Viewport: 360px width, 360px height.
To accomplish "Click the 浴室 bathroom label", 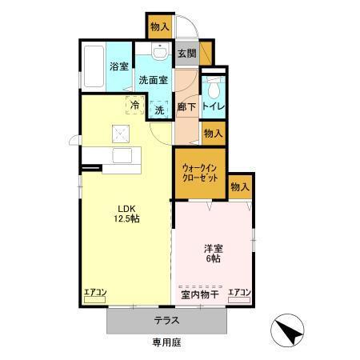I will tap(119, 66).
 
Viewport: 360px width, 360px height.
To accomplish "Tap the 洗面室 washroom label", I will tap(152, 80).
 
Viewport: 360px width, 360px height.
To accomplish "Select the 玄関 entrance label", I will tap(186, 54).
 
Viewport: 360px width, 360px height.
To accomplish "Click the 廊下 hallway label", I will tap(186, 106).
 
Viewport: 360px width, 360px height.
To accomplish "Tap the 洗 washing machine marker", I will tap(158, 110).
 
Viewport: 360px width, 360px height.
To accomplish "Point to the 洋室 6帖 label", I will tap(212, 254).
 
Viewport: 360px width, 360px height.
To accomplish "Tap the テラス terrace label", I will tap(166, 321).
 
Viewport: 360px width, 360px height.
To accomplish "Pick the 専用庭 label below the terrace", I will tap(167, 342).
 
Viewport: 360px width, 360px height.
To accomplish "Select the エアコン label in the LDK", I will tap(96, 292).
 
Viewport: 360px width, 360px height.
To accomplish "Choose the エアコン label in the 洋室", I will tap(239, 292).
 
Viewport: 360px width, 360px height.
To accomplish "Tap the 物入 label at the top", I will tap(159, 26).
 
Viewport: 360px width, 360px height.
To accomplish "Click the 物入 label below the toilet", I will tap(213, 134).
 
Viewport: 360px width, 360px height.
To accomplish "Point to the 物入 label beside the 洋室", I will tap(240, 186).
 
